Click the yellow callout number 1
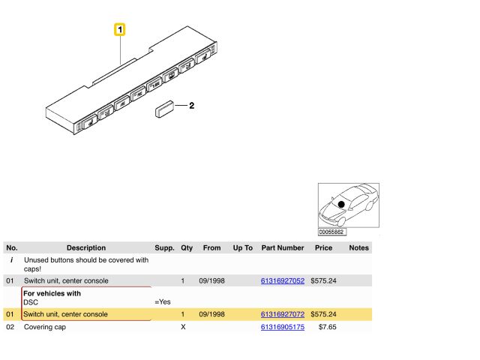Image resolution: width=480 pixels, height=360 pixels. (120, 30)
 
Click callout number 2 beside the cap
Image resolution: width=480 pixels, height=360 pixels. (192, 106)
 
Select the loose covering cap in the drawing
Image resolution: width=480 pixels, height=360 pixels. (164, 109)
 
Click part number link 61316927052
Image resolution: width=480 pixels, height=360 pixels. (283, 280)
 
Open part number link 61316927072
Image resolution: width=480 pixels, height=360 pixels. (283, 314)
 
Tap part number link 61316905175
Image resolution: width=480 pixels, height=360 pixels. (283, 327)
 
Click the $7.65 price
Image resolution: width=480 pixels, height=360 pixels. (327, 327)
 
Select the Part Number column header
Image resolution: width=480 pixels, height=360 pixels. (283, 247)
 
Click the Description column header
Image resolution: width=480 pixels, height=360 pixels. (86, 247)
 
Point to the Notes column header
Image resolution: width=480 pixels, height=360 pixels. (358, 247)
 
